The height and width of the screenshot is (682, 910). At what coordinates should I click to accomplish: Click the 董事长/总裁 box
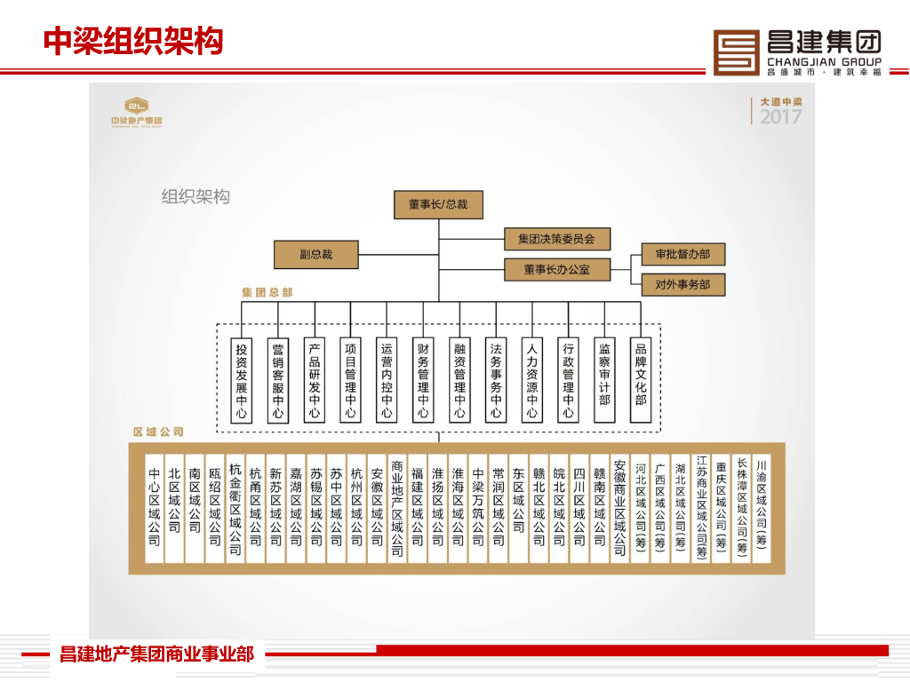pyautogui.click(x=438, y=204)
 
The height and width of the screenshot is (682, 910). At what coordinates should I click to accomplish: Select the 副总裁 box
pyautogui.click(x=315, y=254)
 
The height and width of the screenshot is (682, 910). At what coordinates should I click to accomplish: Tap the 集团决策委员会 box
pyautogui.click(x=556, y=239)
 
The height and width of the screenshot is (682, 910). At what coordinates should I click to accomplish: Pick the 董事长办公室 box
pyautogui.click(x=556, y=268)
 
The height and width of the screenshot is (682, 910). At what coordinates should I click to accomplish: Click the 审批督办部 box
pyautogui.click(x=682, y=254)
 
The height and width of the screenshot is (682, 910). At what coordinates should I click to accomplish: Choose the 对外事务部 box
pyautogui.click(x=682, y=285)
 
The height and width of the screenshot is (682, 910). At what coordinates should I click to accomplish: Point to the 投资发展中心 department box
pyautogui.click(x=242, y=380)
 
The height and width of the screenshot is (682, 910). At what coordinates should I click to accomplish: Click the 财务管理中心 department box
pyautogui.click(x=423, y=380)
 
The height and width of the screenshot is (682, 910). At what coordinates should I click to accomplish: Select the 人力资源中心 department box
pyautogui.click(x=532, y=380)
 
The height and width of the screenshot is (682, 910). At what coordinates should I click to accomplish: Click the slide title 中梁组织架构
pyautogui.click(x=133, y=41)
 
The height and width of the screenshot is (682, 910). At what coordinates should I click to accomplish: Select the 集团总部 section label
pyautogui.click(x=267, y=291)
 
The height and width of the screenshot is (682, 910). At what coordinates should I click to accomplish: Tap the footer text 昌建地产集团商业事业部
pyautogui.click(x=156, y=655)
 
